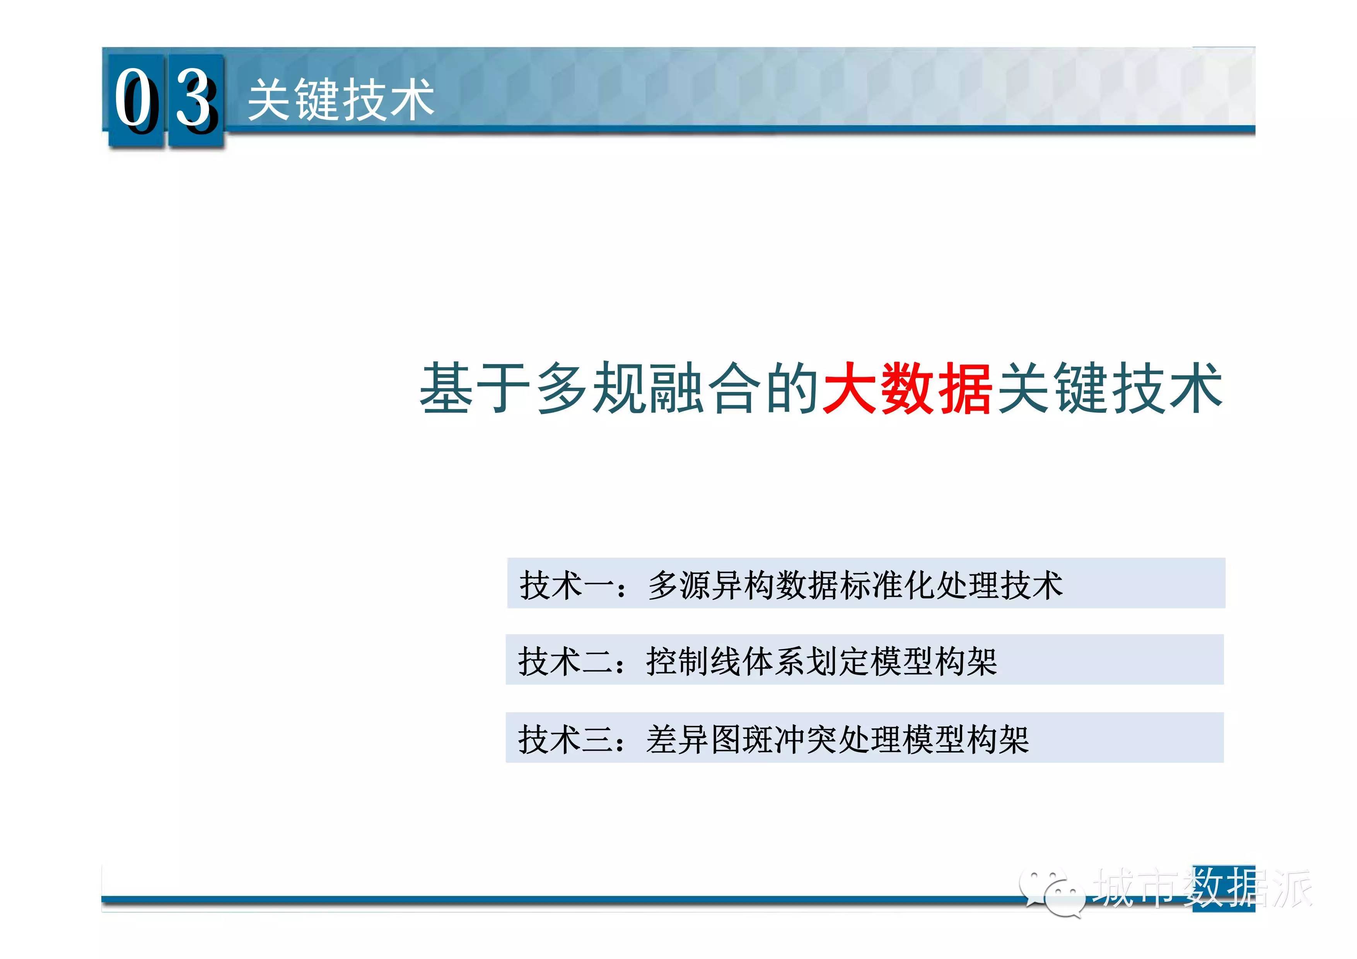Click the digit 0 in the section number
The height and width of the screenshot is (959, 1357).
click(136, 99)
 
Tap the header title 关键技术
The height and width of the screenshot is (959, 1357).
click(341, 100)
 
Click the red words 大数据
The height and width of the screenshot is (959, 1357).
click(906, 388)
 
